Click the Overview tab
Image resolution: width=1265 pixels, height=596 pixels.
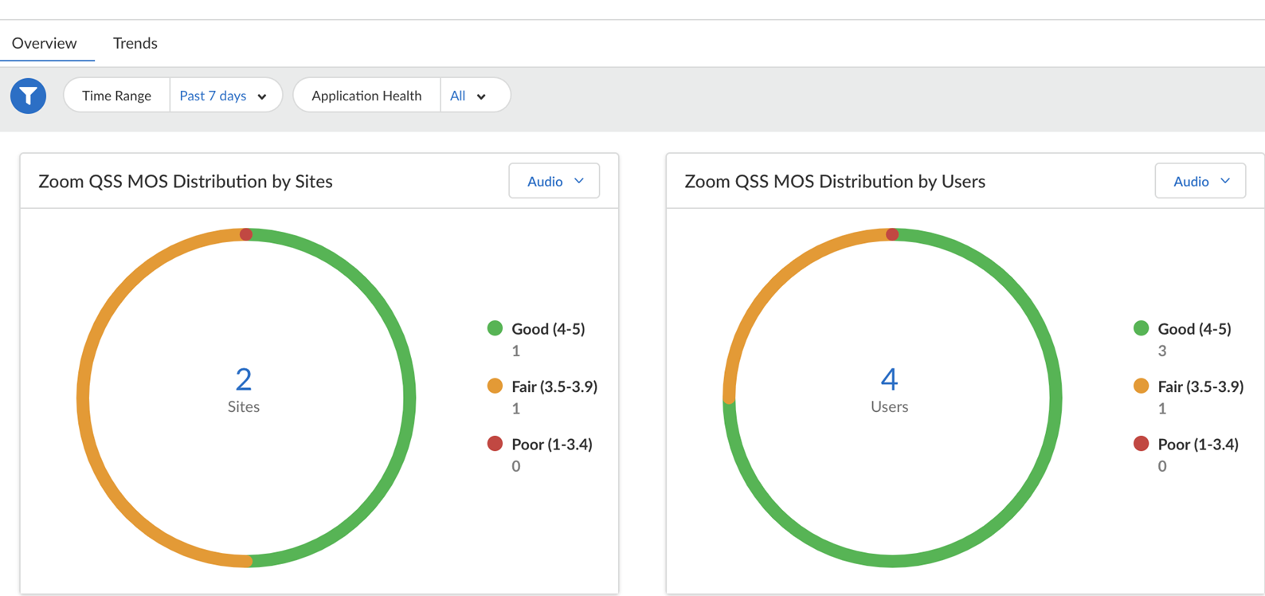pos(45,43)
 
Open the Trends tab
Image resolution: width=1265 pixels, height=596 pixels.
pos(135,43)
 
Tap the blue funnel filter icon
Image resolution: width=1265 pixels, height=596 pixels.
pos(28,96)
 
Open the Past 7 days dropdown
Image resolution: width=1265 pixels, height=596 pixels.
pos(224,96)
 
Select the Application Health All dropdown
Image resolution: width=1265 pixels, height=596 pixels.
pos(468,96)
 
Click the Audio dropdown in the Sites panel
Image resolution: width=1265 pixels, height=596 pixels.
pos(554,182)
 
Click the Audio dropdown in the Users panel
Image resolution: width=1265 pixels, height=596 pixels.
pos(1200,182)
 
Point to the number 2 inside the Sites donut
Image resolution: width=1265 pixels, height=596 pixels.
pos(244,379)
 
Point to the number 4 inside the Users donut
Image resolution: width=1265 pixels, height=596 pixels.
pos(890,379)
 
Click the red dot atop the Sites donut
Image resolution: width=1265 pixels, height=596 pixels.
pos(246,234)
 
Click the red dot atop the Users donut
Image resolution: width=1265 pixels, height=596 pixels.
pos(892,234)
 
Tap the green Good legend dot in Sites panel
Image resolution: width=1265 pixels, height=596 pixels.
pos(495,328)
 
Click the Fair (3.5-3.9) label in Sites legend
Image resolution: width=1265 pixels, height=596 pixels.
pos(554,386)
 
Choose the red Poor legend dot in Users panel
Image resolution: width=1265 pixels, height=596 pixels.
pos(1141,444)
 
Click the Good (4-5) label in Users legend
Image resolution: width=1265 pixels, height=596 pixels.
pos(1194,329)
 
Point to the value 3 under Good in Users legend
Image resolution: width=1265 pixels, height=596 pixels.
pos(1162,351)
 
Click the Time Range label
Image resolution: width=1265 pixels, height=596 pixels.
pos(116,96)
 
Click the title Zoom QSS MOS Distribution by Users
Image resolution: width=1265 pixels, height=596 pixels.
pos(835,182)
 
